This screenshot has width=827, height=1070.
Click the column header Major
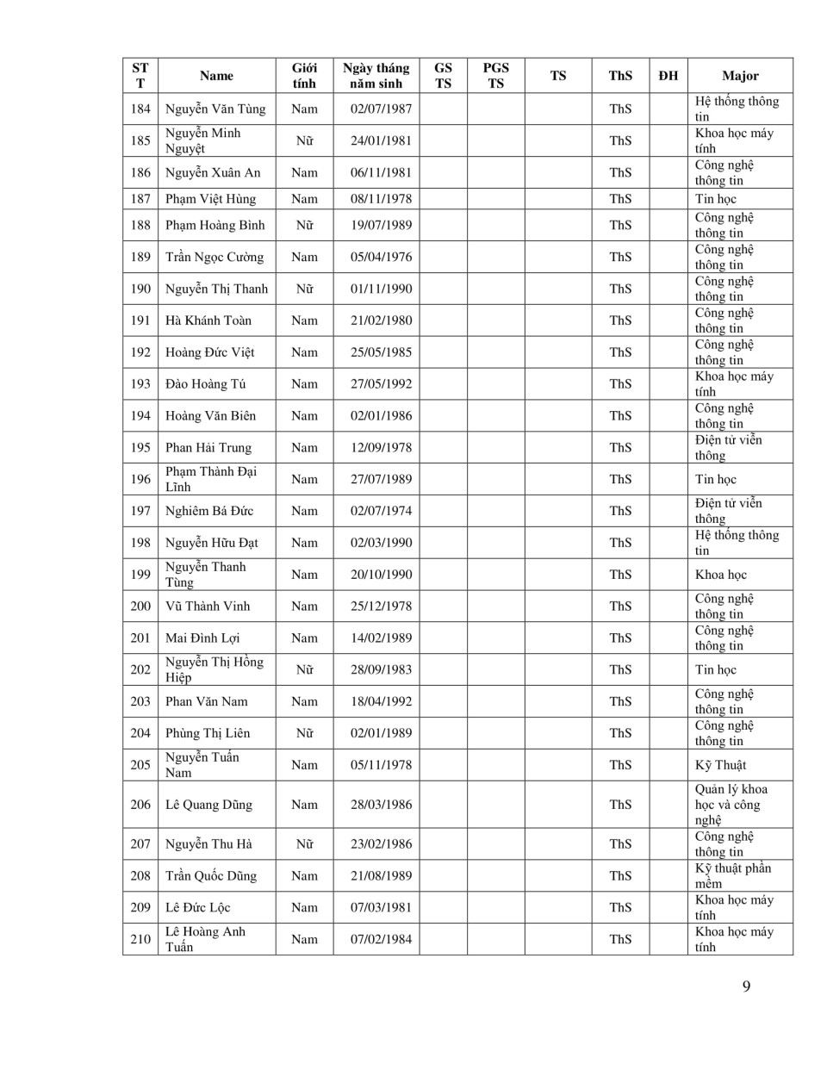(740, 76)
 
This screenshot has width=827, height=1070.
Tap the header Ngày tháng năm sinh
(376, 76)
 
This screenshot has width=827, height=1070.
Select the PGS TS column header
(495, 76)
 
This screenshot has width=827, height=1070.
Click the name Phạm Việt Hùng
(210, 199)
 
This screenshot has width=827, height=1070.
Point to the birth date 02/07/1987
(381, 109)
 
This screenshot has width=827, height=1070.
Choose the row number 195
(140, 447)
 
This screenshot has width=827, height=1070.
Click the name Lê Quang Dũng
(208, 805)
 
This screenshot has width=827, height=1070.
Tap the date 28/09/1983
(381, 669)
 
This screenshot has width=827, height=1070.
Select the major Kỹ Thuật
(720, 765)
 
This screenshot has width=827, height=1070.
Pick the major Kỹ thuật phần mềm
(732, 875)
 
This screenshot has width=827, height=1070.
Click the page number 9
(746, 986)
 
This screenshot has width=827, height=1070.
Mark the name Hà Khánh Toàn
(208, 320)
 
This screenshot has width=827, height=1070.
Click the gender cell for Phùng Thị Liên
(304, 733)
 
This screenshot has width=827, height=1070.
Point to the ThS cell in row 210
(620, 939)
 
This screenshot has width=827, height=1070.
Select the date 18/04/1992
(381, 701)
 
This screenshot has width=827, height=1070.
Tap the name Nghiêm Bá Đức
(209, 511)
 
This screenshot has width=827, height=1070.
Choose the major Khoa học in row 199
(720, 575)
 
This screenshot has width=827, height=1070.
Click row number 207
(140, 844)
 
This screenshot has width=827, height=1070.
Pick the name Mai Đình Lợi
(202, 638)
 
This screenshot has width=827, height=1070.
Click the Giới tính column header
(304, 76)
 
